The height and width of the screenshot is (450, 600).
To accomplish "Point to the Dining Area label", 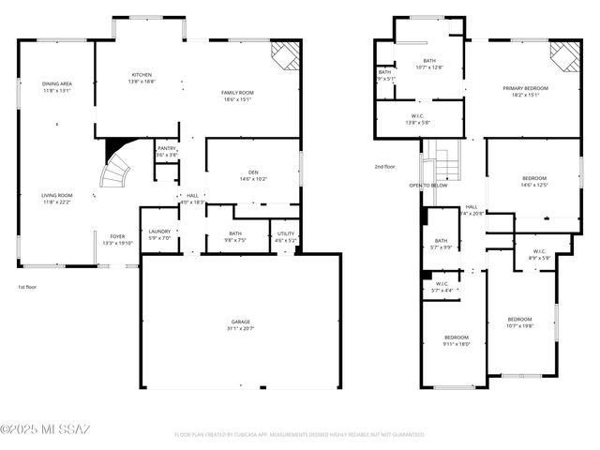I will (x=57, y=85).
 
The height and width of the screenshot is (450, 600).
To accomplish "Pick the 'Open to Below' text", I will (x=427, y=185).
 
